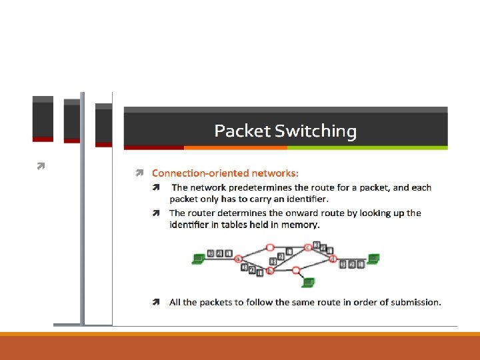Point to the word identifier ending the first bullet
(303, 199)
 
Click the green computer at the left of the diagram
(198, 259)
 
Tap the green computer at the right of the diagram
(374, 259)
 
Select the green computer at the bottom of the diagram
(308, 283)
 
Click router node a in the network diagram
(238, 259)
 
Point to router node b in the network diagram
(270, 271)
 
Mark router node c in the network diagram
(308, 247)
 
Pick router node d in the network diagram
(333, 258)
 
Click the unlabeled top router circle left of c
(270, 247)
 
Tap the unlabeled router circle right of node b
(295, 271)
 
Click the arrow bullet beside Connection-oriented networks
(140, 173)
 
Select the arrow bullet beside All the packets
(155, 302)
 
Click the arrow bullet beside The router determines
(155, 213)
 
